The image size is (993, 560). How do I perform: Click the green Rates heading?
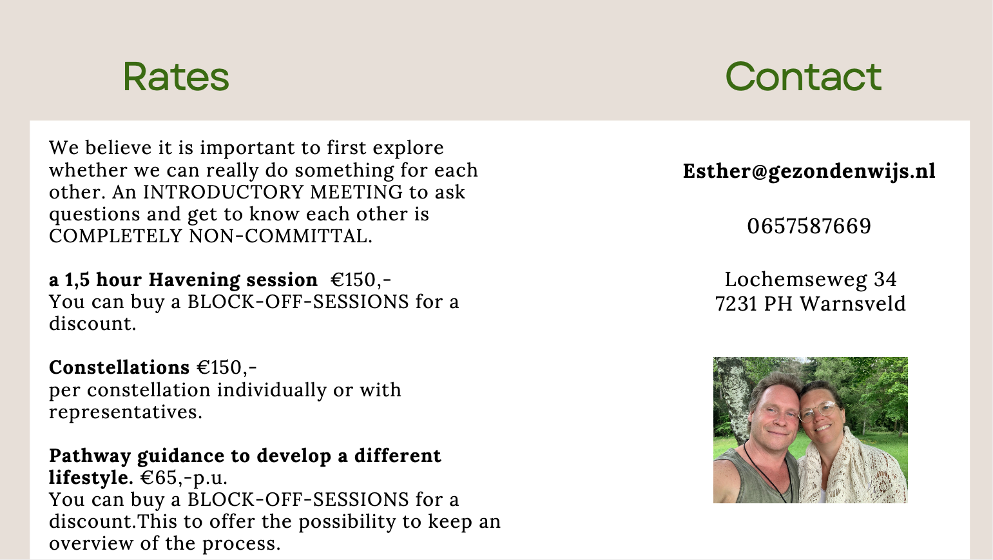176,77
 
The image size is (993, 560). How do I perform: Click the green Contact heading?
804,77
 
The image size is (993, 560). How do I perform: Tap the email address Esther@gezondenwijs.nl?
809,171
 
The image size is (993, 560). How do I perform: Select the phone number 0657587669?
809,226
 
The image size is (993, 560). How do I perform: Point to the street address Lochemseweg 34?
811,279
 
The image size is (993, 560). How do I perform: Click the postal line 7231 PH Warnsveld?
811,304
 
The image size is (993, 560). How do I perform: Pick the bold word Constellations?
119,367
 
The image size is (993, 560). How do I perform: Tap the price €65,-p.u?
184,478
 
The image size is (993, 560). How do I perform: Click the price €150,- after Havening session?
361,280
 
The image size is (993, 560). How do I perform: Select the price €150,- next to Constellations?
227,367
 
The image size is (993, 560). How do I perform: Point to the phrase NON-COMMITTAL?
280,236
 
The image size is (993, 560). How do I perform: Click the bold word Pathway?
90,456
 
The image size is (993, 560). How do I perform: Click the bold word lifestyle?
91,478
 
